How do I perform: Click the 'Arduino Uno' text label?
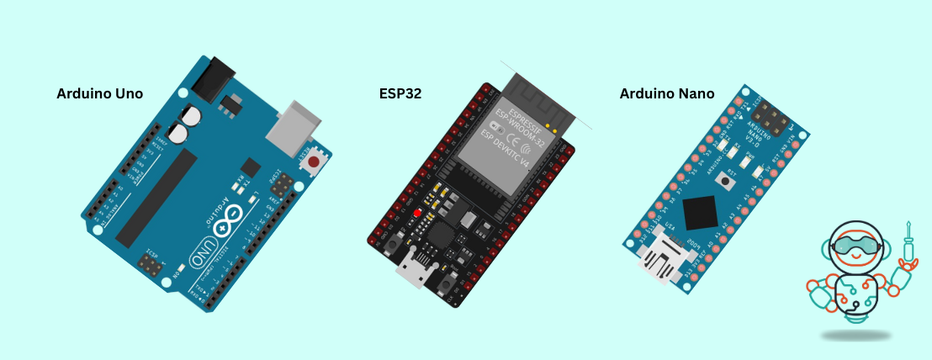tap(99, 94)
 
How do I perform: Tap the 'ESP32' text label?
tap(400, 94)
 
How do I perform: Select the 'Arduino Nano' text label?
tap(667, 94)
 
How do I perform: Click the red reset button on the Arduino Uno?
tap(315, 161)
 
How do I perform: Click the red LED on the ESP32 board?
tap(416, 213)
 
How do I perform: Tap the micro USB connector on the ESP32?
tap(414, 271)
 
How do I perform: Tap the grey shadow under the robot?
tap(855, 336)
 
